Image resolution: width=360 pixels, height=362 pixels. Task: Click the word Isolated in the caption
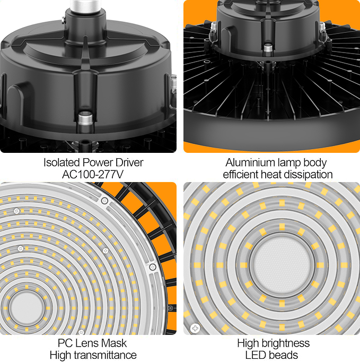coord(62,162)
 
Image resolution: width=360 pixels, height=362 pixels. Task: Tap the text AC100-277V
coord(93,174)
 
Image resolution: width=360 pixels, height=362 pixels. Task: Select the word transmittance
coord(104,355)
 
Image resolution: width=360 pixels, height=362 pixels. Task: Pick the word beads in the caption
coord(285,355)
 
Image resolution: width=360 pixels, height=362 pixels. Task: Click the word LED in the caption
coord(258,355)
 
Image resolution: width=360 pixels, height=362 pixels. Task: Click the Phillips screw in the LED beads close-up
coord(195,328)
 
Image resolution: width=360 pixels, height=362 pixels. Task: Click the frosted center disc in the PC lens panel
coord(27,308)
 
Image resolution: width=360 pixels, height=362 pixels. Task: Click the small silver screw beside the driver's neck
coord(64,21)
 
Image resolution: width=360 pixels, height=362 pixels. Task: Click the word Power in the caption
coord(98,162)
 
